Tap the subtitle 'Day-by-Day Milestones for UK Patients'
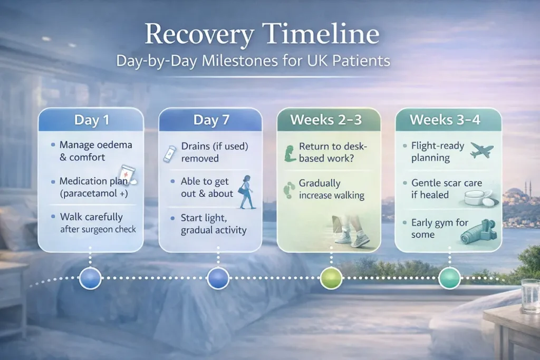tap(253, 61)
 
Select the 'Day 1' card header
tap(91, 120)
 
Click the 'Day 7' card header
tap(211, 120)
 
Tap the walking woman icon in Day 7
tap(246, 192)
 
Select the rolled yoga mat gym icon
tap(478, 229)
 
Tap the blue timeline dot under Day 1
tap(90, 278)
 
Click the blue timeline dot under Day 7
tap(218, 278)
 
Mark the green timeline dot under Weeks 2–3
tap(331, 278)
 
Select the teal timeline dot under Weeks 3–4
tap(449, 278)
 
